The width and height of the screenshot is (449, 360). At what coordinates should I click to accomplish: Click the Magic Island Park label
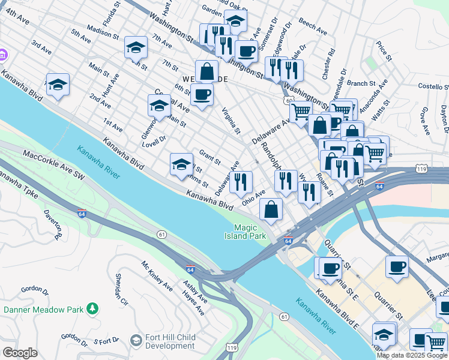250,232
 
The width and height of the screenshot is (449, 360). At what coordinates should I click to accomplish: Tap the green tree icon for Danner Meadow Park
92,309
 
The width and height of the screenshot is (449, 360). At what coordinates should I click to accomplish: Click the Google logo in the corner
19,353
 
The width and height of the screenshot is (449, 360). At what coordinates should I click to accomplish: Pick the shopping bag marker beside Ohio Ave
271,209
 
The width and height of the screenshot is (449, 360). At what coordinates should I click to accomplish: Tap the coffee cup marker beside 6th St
202,95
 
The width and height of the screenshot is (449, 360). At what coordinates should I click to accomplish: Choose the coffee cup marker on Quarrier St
397,266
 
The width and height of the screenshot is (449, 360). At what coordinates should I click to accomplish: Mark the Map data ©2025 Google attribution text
412,355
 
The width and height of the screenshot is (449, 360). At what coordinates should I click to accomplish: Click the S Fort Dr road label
107,342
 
